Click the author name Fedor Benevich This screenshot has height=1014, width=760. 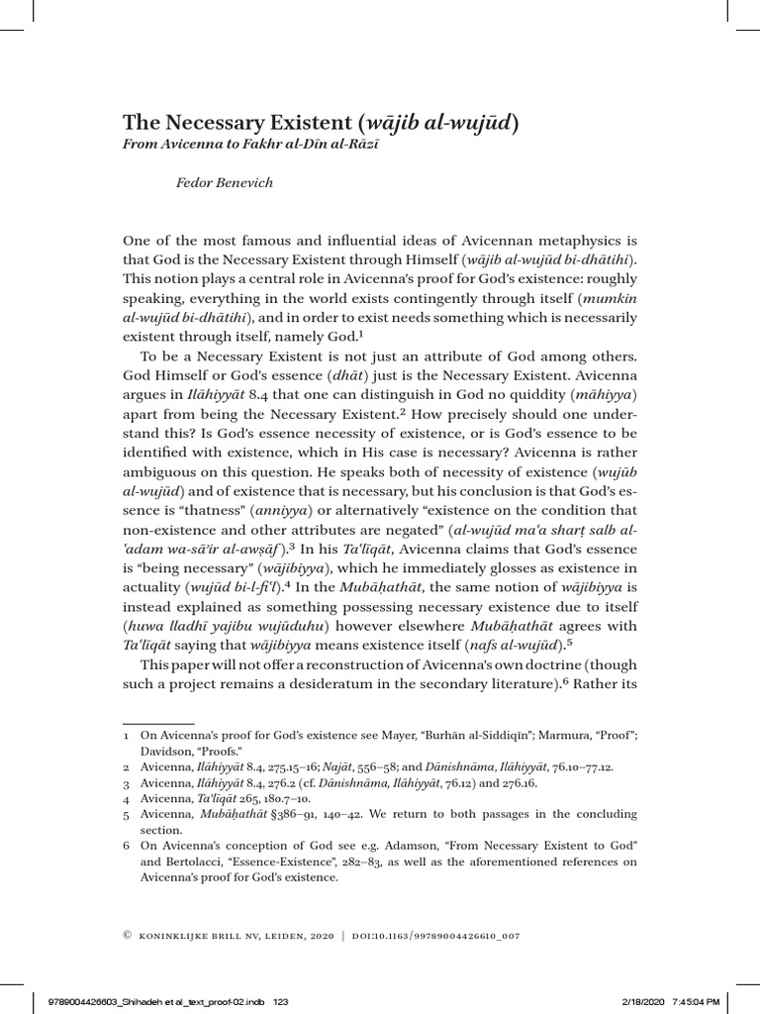tap(224, 182)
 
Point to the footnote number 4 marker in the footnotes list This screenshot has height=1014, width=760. tap(125, 795)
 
